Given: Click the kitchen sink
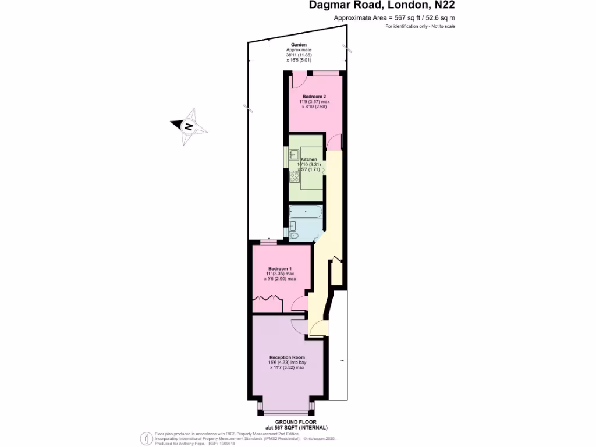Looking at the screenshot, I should point(294,154).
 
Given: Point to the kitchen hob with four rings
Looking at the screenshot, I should point(295,177).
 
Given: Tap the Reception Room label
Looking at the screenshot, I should point(288,357).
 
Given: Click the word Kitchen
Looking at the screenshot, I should point(308,159).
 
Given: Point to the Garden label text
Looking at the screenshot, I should point(299,45).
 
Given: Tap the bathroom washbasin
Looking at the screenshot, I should point(293,226).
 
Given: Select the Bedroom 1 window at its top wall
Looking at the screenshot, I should point(268,242).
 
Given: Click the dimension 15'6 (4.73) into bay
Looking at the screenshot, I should point(288,363).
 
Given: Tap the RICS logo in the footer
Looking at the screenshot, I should point(146,438).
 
